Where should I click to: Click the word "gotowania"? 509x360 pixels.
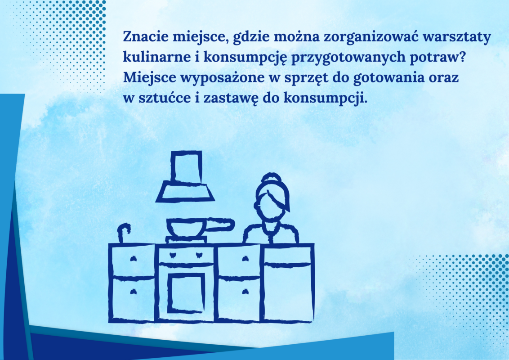tap(389, 78)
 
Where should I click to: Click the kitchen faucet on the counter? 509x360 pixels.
tap(123, 232)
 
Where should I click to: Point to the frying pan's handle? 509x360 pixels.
tap(219, 225)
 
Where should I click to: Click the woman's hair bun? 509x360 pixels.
tap(272, 178)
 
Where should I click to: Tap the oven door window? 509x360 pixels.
tap(186, 291)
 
